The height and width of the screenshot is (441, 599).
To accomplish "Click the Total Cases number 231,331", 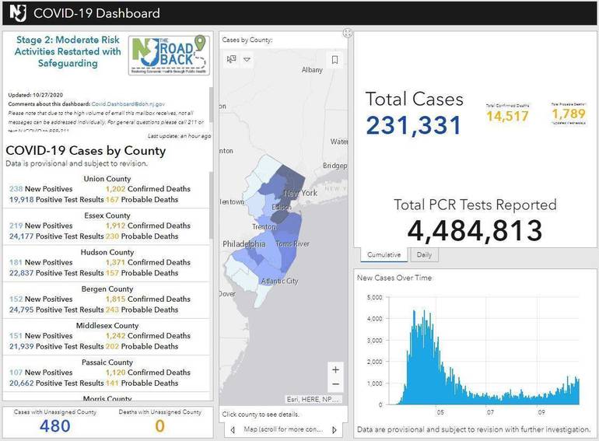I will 413,125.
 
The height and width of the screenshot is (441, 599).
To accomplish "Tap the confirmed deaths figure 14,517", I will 507,116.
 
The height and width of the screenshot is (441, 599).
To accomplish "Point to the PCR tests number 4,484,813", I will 475,231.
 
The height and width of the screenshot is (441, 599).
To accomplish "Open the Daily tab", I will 425,254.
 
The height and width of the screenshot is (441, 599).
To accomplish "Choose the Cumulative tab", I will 384,254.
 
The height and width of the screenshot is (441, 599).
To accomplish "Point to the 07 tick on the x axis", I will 490,412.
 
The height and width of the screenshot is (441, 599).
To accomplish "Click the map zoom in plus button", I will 335,369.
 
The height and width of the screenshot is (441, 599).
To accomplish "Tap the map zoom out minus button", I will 335,384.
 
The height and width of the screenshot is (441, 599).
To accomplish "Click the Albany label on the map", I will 312,70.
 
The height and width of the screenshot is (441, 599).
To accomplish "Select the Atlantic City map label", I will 279,281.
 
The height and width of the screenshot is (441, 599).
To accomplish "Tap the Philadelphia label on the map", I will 244,243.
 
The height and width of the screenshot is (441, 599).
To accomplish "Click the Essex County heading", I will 107,215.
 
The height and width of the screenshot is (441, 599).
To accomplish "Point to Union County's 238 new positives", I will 16,189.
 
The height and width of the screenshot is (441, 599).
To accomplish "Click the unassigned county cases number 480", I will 54,425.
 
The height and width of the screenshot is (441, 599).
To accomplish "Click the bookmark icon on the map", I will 335,59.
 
